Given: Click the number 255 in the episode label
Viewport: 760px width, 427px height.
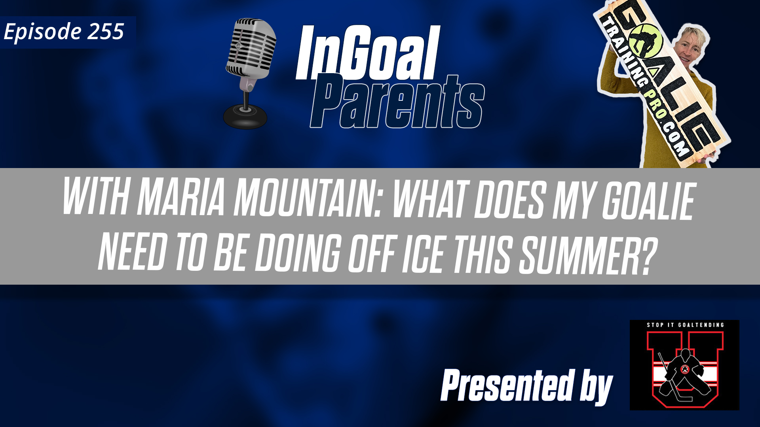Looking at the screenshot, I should pyautogui.click(x=106, y=32).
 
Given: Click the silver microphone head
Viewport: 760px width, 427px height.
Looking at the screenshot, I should pyautogui.click(x=252, y=47).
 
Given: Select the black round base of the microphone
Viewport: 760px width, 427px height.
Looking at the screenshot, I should pyautogui.click(x=245, y=117).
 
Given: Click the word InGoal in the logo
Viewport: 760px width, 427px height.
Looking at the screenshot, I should pyautogui.click(x=368, y=53).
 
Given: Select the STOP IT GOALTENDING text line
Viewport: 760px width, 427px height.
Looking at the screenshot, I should pyautogui.click(x=685, y=325).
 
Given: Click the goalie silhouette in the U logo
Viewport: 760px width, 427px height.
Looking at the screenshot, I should pyautogui.click(x=684, y=372).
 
